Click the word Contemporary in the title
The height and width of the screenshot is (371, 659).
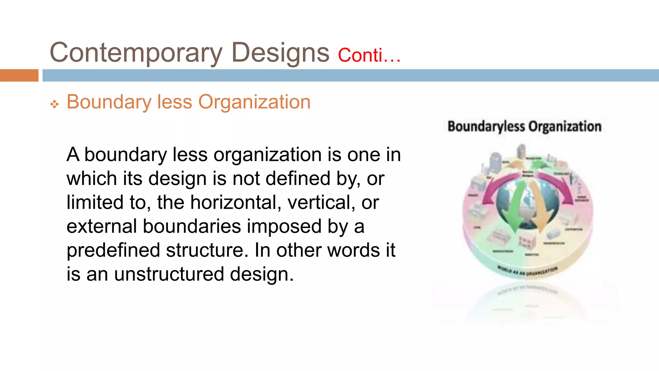click(x=136, y=53)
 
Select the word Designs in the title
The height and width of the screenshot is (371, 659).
click(x=280, y=53)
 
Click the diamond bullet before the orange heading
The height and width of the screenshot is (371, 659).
click(x=54, y=104)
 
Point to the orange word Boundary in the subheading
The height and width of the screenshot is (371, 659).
click(x=109, y=102)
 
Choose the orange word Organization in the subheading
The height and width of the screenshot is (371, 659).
click(x=254, y=102)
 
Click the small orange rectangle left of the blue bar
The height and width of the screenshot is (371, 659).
click(x=19, y=75)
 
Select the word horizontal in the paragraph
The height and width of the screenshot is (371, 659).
click(x=236, y=202)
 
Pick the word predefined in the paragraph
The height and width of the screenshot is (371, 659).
click(x=113, y=250)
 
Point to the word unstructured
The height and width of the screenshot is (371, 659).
click(x=169, y=274)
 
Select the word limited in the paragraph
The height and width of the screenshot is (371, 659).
click(x=95, y=202)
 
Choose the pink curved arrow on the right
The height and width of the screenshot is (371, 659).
click(x=560, y=187)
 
